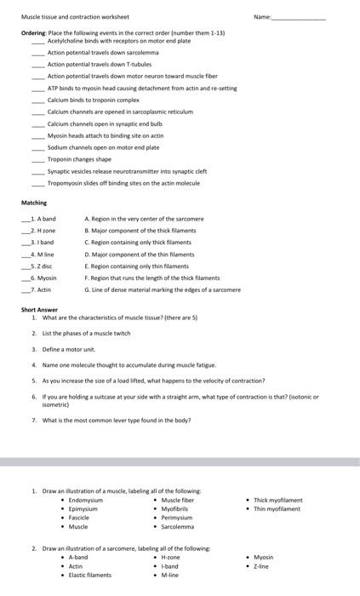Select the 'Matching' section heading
click(34, 203)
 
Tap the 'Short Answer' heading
click(39, 310)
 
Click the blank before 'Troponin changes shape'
click(37, 159)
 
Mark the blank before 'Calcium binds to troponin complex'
click(37, 100)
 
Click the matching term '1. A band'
click(41, 219)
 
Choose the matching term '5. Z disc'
click(40, 266)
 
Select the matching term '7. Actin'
click(39, 290)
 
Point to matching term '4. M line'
click(40, 255)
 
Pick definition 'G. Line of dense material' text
click(163, 290)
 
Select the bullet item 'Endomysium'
click(86, 501)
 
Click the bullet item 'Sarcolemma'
click(178, 526)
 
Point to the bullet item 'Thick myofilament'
click(277, 501)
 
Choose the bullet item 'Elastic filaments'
click(89, 575)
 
